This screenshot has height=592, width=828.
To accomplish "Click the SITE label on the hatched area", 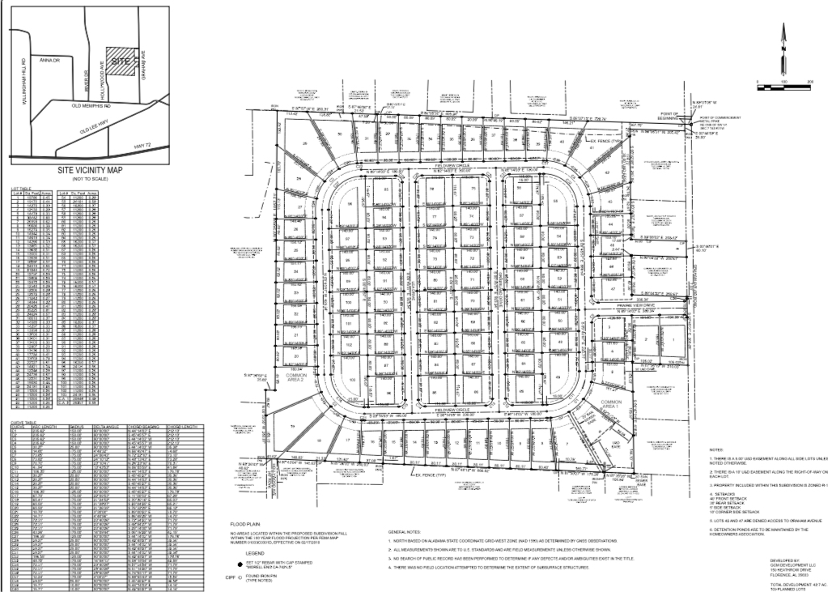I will click(x=121, y=62).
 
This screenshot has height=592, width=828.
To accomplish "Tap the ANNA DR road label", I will click(x=50, y=59).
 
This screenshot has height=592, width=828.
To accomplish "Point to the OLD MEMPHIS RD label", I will click(x=91, y=104).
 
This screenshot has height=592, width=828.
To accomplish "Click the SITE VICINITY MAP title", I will click(x=91, y=171).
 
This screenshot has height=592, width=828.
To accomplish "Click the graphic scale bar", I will click(x=782, y=83).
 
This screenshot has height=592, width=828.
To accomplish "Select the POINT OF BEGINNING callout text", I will click(x=668, y=116).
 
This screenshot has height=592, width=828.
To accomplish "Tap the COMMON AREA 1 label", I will click(x=610, y=406).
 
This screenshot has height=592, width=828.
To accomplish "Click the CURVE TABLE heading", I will click(x=22, y=422).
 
